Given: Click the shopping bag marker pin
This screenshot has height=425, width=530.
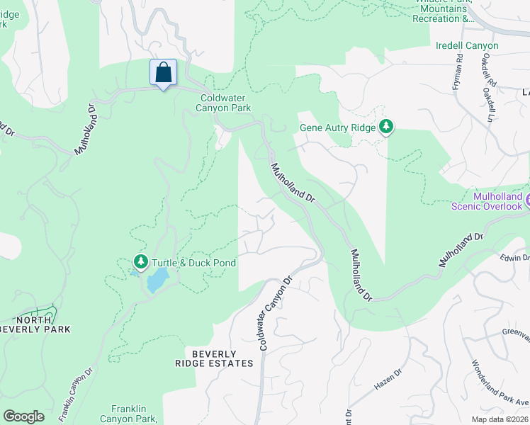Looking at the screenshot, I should [x=163, y=73].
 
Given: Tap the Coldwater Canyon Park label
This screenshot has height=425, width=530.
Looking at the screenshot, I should [x=225, y=103].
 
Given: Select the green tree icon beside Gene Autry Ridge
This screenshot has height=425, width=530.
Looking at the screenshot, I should [x=386, y=127].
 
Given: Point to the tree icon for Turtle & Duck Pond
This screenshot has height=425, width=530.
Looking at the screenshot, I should [x=140, y=263].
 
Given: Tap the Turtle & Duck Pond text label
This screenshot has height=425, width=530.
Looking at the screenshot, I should [x=193, y=263].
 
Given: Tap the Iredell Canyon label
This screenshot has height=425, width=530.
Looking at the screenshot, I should [x=467, y=45].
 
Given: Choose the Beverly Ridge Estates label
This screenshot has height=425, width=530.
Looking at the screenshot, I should [x=213, y=358].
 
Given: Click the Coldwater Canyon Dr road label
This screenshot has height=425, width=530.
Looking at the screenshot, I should [x=276, y=312].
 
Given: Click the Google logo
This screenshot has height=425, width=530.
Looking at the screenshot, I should [x=23, y=416].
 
